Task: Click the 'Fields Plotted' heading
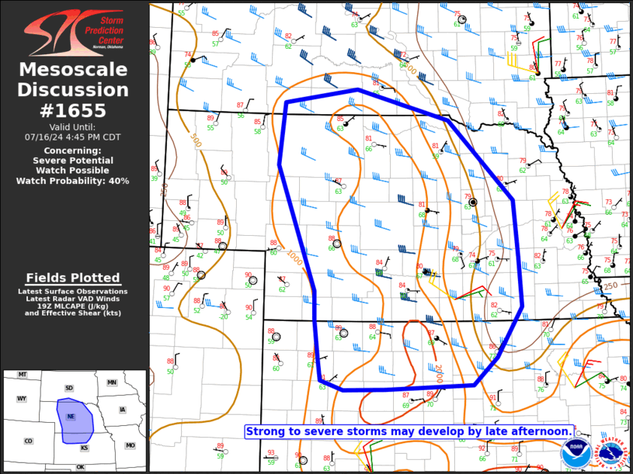click(73, 278)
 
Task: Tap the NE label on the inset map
click(71, 417)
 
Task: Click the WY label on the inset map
click(22, 399)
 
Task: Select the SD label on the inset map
click(68, 388)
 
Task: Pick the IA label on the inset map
click(122, 410)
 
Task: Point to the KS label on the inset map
click(84, 448)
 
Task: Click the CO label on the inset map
click(28, 441)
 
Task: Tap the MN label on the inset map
click(112, 382)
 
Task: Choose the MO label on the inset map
click(130, 445)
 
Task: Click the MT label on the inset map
click(23, 375)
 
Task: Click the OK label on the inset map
click(80, 467)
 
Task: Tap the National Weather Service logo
click(614, 454)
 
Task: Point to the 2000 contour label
click(438, 375)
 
